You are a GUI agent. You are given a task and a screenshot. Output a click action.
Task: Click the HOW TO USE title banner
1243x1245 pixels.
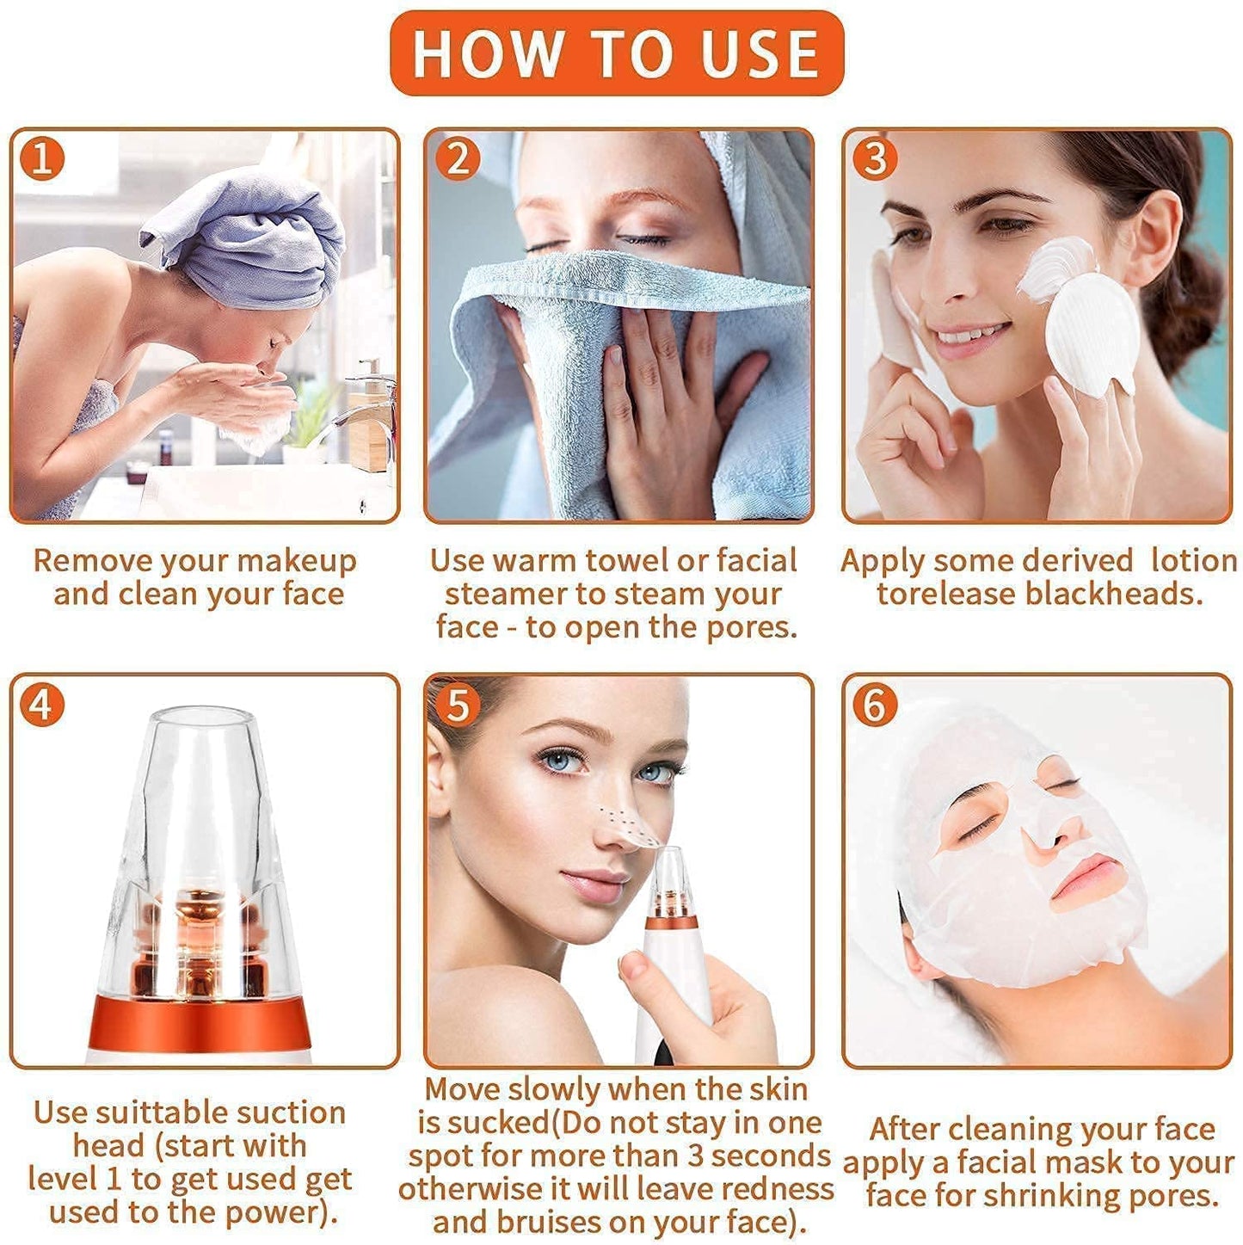coord(616,53)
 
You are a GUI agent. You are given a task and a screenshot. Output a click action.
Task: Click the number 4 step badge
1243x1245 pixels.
coord(42,705)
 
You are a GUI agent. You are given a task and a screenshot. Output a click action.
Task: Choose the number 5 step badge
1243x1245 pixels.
coord(457,705)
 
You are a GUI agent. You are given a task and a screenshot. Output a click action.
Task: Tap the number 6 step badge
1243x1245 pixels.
coord(874,705)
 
